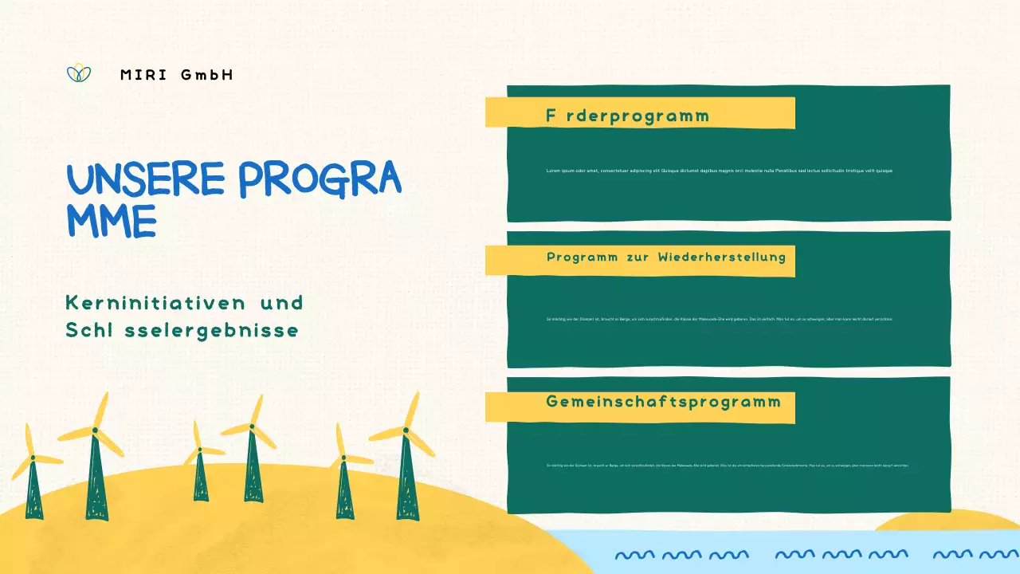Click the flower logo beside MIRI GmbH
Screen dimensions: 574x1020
point(78,73)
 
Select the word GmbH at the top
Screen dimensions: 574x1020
point(207,75)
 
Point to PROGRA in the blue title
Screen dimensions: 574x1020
point(319,179)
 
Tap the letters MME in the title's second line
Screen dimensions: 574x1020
point(111,221)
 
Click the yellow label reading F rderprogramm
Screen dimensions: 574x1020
point(627,116)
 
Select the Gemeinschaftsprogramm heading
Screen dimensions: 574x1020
point(663,402)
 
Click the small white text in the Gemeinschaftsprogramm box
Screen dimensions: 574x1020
point(727,465)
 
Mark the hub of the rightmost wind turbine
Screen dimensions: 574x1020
point(405,431)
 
